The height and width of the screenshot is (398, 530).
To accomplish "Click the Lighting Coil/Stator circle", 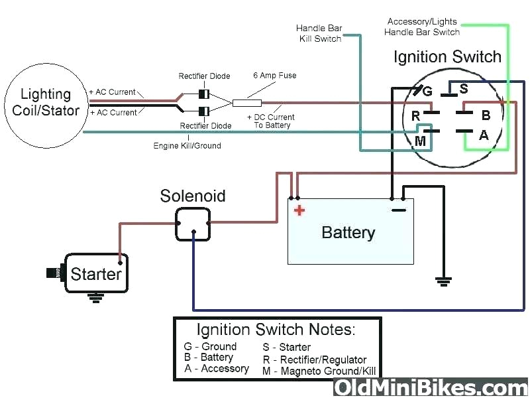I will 46,103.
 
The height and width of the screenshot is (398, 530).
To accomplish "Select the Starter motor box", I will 95,273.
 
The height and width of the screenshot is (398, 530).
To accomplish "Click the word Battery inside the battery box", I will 348,233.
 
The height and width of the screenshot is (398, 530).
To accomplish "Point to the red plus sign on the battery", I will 299,211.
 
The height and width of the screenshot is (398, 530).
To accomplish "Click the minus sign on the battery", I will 398,210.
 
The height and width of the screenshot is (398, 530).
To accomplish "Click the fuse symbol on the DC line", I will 246,103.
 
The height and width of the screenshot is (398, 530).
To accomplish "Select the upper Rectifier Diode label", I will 204,76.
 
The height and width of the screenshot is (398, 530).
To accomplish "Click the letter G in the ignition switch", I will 427,91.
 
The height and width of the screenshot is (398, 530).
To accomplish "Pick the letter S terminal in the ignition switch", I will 463,88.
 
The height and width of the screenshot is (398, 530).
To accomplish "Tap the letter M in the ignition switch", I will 420,141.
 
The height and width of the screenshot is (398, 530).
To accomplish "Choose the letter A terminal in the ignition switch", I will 484,135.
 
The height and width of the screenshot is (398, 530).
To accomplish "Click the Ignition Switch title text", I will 447,57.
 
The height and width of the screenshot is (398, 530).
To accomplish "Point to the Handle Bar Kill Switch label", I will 319,33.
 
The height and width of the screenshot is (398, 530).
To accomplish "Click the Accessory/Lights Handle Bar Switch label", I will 422,27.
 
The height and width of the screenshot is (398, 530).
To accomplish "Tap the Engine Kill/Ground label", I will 187,145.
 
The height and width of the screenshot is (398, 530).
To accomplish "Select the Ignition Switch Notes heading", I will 276,330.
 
